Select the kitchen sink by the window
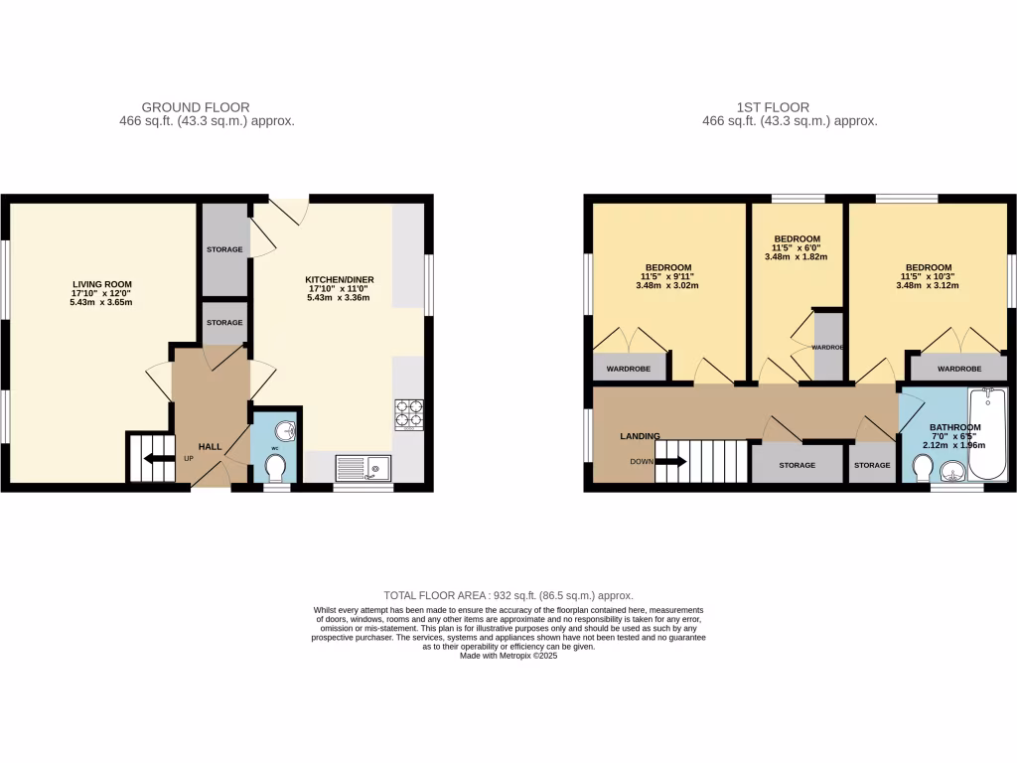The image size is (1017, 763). pos(363,467)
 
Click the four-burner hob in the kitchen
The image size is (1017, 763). pos(408,412)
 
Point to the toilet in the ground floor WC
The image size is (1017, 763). pos(275,466)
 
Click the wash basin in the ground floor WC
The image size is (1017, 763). pos(284,429)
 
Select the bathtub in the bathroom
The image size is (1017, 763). pos(987,435)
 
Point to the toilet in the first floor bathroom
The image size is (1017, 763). pos(922,465)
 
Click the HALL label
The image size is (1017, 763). pos(210,447)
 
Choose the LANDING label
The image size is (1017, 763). pos(640,436)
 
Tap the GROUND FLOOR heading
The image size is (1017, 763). pos(196,107)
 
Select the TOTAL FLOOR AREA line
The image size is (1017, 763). pos(508,595)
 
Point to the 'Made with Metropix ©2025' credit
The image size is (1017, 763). pos(508,656)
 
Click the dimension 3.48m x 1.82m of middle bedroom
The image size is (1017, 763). pos(796,256)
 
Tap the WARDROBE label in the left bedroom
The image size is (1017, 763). pos(630,368)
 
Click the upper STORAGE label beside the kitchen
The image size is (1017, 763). pos(224,249)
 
